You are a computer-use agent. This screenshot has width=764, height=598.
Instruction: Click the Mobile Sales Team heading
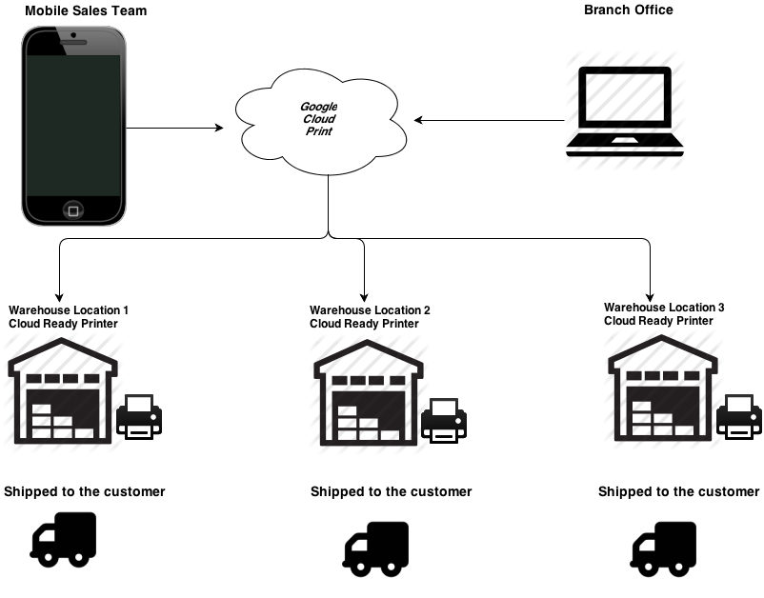coord(86,10)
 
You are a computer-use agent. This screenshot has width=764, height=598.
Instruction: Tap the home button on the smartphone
coord(73,209)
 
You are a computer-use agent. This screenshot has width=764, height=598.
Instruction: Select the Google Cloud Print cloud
coord(318,120)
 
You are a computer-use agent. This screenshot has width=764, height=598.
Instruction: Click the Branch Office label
coord(628,10)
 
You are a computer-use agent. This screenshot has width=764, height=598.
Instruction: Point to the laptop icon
coord(625,110)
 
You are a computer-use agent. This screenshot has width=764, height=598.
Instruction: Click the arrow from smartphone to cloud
coord(173,127)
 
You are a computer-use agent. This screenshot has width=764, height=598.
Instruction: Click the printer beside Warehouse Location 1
coord(139,416)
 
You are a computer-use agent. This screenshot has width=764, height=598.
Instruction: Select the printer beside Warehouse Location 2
coord(443,419)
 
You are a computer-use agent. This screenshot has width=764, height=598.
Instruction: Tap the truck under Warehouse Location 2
coord(375,548)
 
